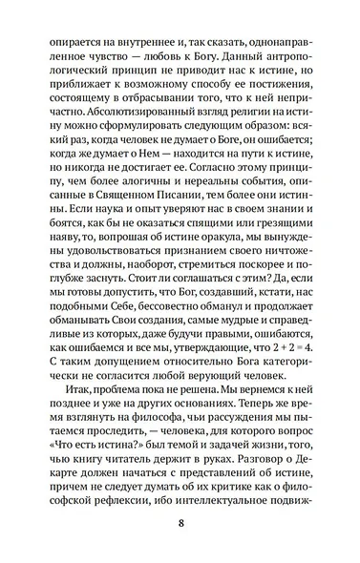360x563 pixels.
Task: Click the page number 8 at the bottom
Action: pyautogui.click(x=180, y=524)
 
